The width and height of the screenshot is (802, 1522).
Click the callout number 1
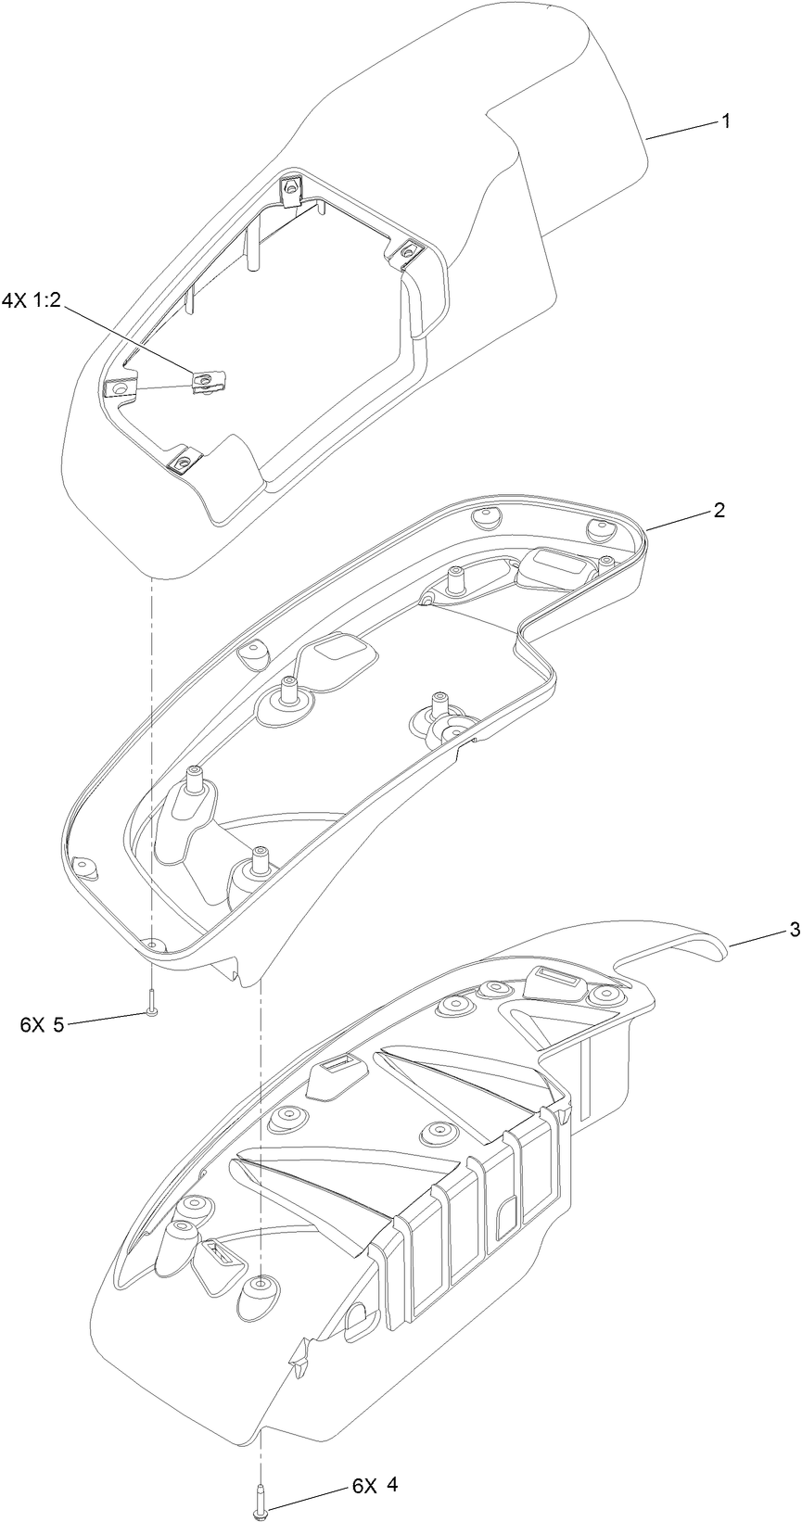(x=726, y=121)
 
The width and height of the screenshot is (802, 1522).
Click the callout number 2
(x=719, y=511)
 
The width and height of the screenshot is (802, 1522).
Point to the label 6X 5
(x=42, y=1024)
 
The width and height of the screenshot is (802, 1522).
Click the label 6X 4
(x=375, y=1485)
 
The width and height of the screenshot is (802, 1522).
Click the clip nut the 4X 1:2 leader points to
(x=202, y=378)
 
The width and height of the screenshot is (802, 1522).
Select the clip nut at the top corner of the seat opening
(x=291, y=188)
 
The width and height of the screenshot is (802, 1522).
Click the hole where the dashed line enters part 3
(x=262, y=1285)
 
